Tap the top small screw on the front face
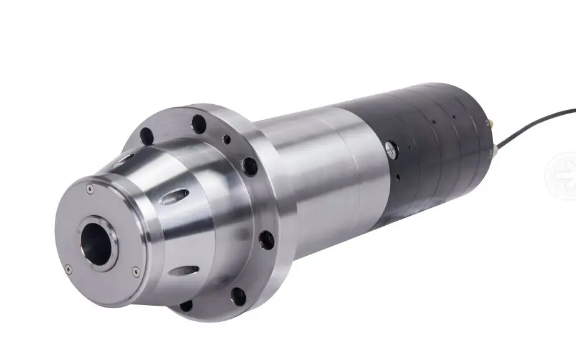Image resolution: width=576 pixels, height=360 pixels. click(x=90, y=187)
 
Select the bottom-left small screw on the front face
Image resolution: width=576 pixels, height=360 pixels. click(x=68, y=269)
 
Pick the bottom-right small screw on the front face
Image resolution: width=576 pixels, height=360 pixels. click(x=136, y=271)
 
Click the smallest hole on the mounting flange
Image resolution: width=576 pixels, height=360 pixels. click(x=227, y=139)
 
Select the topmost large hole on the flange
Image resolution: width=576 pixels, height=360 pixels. click(x=199, y=123)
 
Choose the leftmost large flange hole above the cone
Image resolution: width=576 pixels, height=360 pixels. click(x=146, y=134)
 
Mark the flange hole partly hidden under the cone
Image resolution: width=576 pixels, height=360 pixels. click(x=186, y=305)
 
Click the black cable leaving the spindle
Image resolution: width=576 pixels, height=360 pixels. click(x=536, y=122)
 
